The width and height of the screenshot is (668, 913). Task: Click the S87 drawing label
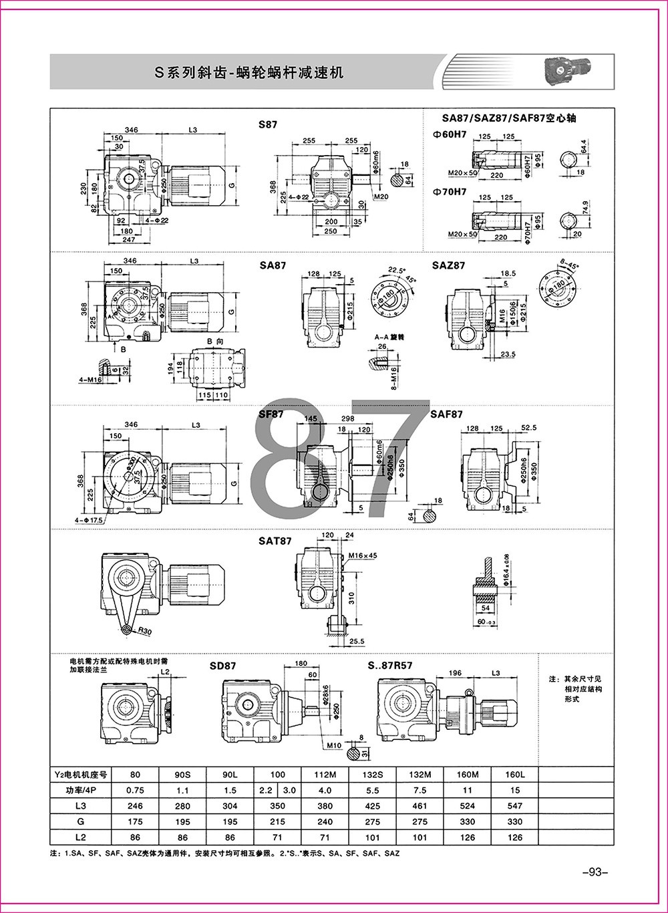pyautogui.click(x=268, y=124)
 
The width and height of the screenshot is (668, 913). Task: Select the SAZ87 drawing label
pyautogui.click(x=448, y=265)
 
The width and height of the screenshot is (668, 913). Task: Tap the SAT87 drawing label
pyautogui.click(x=275, y=541)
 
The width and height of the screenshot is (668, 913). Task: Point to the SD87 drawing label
pyautogui.click(x=222, y=666)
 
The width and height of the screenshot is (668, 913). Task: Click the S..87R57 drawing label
pyautogui.click(x=390, y=666)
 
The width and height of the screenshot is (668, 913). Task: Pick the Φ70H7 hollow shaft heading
pyautogui.click(x=450, y=192)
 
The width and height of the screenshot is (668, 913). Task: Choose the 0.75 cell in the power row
pyautogui.click(x=136, y=790)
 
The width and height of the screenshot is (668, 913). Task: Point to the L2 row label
pyautogui.click(x=81, y=837)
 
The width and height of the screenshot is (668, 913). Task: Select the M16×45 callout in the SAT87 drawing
pyautogui.click(x=363, y=555)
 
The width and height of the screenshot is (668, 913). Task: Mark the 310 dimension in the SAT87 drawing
pyautogui.click(x=351, y=589)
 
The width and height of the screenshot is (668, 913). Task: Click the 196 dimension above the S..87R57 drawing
pyautogui.click(x=456, y=672)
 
